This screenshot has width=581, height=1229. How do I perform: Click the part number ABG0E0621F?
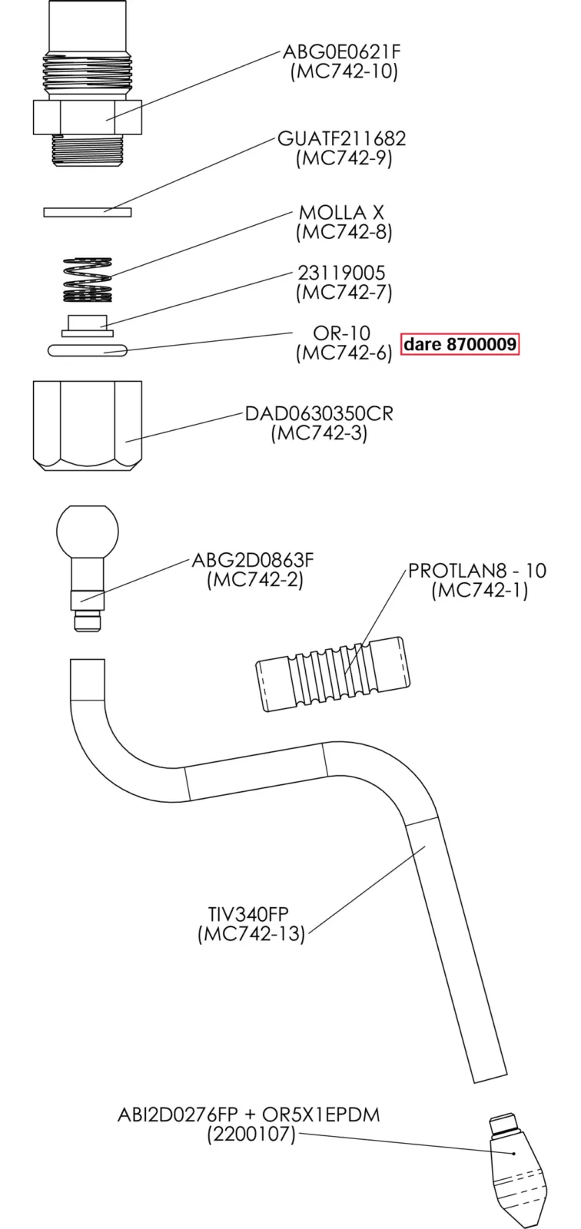click(342, 52)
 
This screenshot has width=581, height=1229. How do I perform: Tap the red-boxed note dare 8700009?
click(460, 344)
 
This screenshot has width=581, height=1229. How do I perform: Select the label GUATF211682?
click(342, 139)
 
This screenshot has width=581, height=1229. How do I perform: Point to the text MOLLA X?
click(341, 213)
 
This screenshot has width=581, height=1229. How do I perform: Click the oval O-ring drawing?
click(88, 350)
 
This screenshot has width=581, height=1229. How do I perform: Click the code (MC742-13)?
click(251, 934)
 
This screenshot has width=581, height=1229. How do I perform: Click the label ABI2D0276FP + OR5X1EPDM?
click(249, 1114)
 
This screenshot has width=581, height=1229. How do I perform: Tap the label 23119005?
click(341, 273)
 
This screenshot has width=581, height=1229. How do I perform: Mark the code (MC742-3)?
click(319, 433)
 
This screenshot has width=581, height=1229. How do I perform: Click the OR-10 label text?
click(341, 333)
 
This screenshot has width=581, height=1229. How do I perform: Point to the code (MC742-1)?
click(480, 591)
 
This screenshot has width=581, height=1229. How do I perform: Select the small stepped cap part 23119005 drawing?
click(87, 325)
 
